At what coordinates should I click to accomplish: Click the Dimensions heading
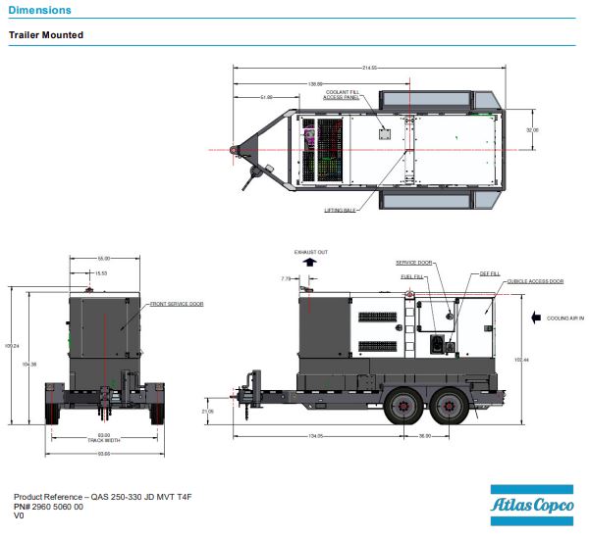(x=39, y=10)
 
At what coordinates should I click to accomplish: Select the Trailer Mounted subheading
(x=46, y=35)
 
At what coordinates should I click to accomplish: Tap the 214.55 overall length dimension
(x=369, y=67)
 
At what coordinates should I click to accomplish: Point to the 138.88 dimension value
(x=315, y=82)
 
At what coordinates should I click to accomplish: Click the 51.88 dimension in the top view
(x=266, y=97)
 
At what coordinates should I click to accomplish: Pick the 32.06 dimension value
(x=532, y=129)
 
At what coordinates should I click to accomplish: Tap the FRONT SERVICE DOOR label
(x=177, y=304)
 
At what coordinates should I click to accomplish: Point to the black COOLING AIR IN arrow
(x=536, y=318)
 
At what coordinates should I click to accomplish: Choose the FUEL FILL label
(x=411, y=275)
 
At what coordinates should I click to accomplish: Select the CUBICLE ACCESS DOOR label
(x=535, y=281)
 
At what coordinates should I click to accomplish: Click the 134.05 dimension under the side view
(x=316, y=434)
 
